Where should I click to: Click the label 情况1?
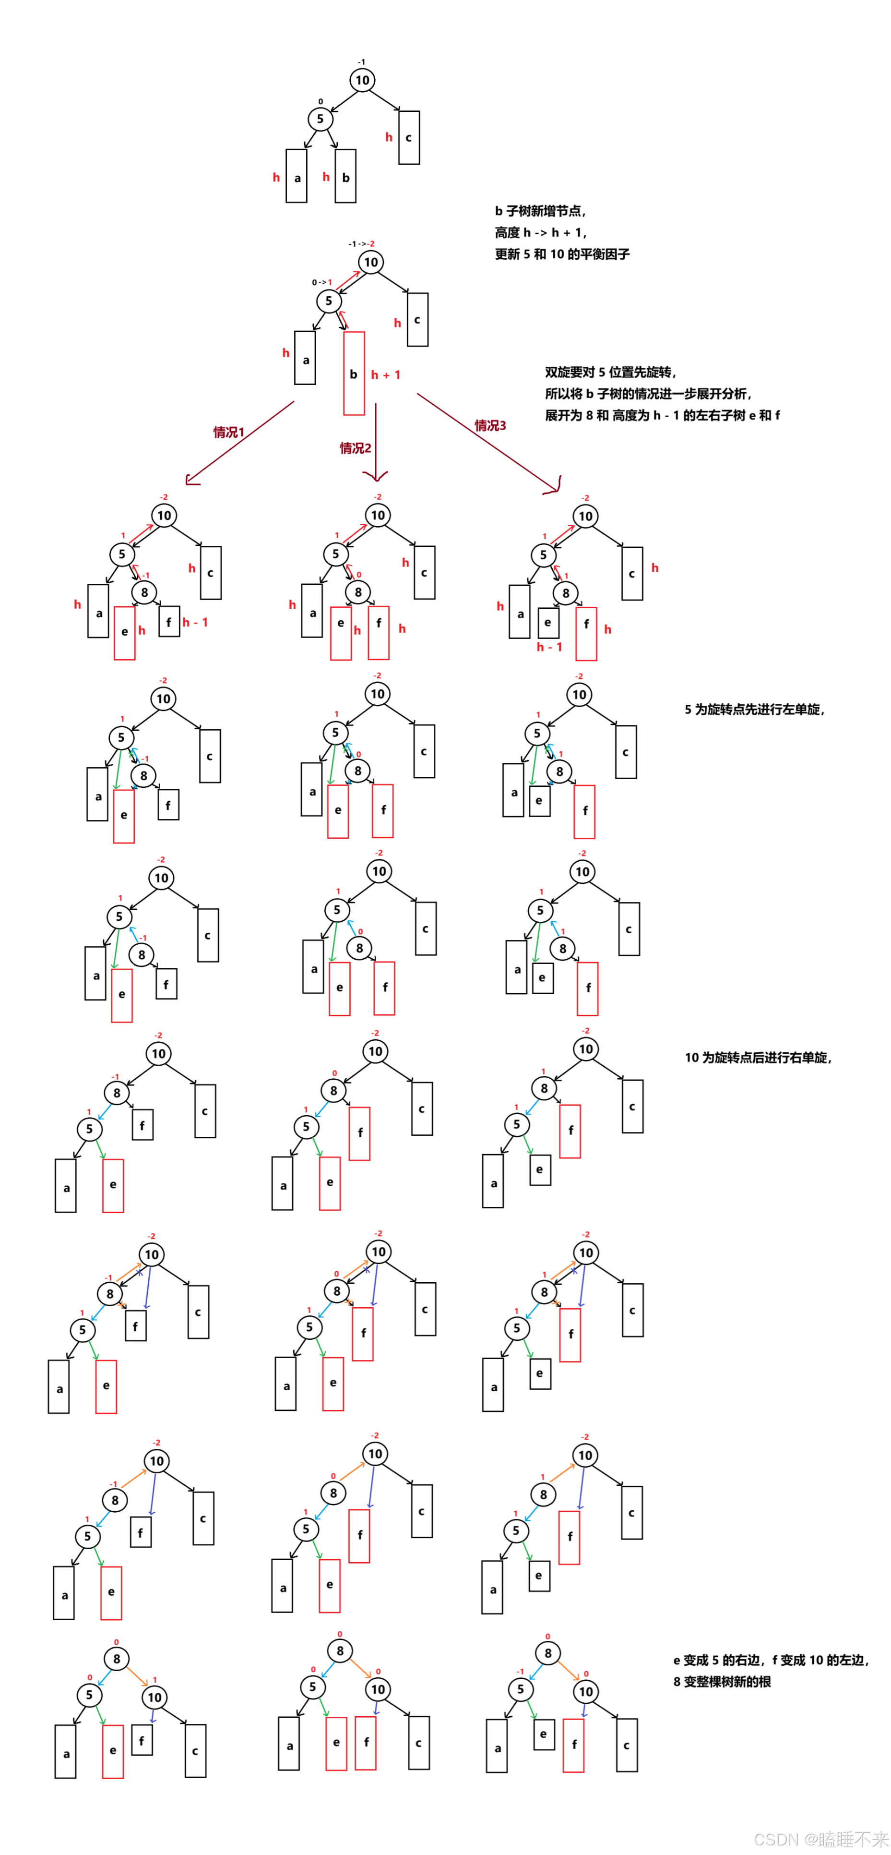point(229,432)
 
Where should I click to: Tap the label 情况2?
point(356,448)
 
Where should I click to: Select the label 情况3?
point(490,425)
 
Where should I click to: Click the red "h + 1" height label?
point(386,374)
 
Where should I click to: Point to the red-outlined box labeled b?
point(353,373)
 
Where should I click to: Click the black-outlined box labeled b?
point(345,177)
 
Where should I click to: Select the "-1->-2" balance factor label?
point(361,244)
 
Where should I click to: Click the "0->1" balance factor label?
point(321,282)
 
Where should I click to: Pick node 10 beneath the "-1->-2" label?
point(370,262)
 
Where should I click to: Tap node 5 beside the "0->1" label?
point(329,301)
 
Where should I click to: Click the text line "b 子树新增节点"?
point(540,211)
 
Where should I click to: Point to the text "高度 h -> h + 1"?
point(540,232)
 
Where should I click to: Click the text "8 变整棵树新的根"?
point(722,1681)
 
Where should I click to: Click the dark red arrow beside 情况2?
point(376,443)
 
